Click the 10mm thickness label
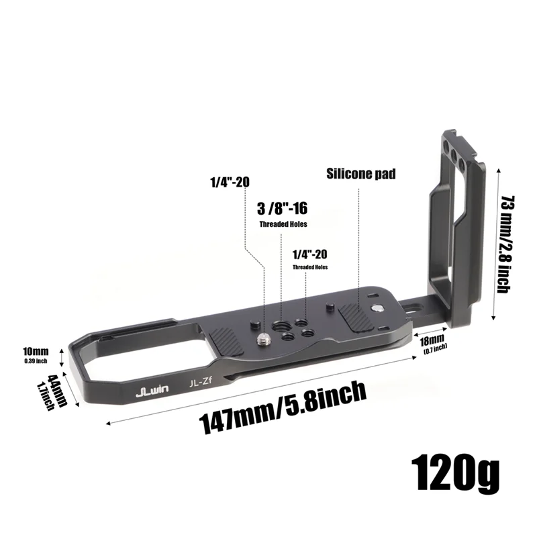pyautogui.click(x=36, y=351)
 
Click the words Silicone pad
pyautogui.click(x=361, y=174)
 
